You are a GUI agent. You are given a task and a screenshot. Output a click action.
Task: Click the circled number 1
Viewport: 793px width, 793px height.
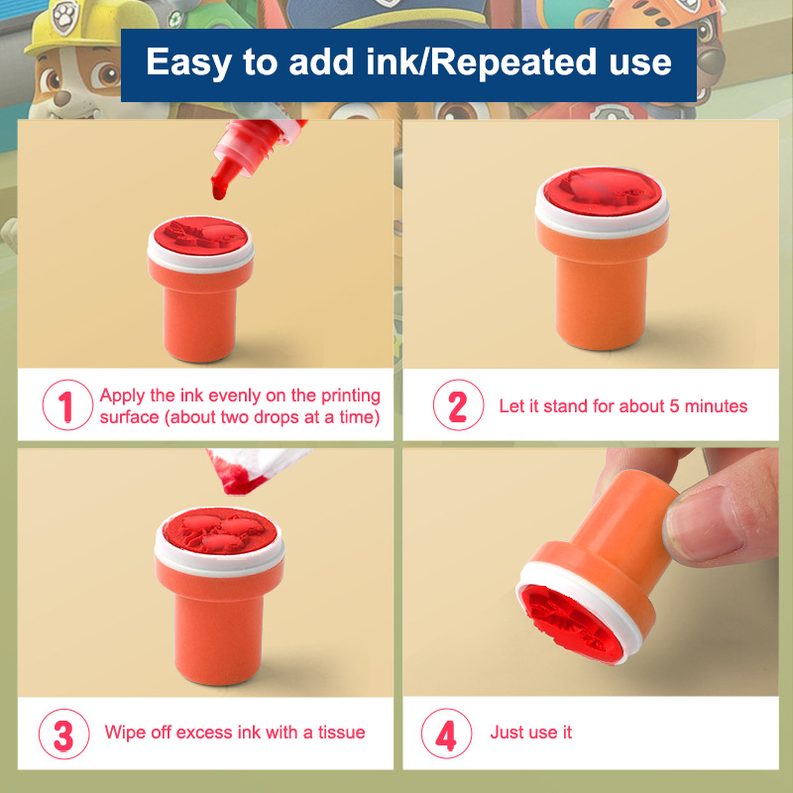(67, 405)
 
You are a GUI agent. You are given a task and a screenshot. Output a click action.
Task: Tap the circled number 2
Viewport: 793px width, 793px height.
(458, 405)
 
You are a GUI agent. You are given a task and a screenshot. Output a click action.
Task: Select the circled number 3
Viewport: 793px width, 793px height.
(63, 734)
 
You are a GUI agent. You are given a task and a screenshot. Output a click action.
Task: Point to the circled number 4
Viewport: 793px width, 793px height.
(447, 734)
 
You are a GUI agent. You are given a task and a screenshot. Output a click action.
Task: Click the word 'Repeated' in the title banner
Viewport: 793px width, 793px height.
(513, 61)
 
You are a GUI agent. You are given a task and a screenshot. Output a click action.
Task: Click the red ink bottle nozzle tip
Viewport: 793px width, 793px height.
(219, 193)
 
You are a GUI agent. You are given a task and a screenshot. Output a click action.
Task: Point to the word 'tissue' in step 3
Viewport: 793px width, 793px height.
(341, 733)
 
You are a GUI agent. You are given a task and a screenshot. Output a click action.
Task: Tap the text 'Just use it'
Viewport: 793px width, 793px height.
(531, 733)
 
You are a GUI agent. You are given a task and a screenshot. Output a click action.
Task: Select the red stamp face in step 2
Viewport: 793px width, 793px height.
(603, 191)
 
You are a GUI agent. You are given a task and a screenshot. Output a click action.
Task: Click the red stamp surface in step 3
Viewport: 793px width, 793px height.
(220, 530)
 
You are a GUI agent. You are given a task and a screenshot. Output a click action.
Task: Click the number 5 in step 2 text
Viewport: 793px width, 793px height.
(674, 406)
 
